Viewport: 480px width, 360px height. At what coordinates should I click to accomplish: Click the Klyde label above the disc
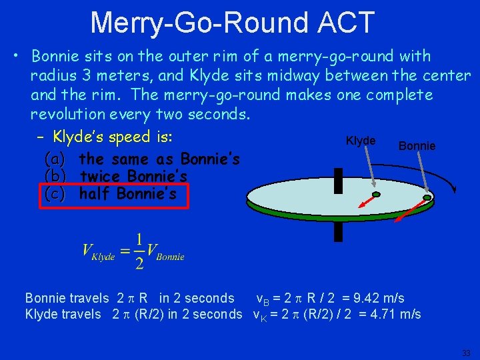tap(361, 141)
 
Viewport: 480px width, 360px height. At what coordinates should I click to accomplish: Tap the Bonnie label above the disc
tap(417, 145)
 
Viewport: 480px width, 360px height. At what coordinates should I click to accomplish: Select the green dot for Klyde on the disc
tap(376, 195)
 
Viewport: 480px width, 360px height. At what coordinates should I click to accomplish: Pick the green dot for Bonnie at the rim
tap(427, 197)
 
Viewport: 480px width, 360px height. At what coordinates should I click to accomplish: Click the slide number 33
tap(467, 353)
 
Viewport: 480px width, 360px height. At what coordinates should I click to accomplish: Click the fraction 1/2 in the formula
tap(139, 251)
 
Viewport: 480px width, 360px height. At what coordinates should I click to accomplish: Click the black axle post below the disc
tap(338, 231)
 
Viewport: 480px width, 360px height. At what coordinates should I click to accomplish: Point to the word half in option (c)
tap(95, 194)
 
